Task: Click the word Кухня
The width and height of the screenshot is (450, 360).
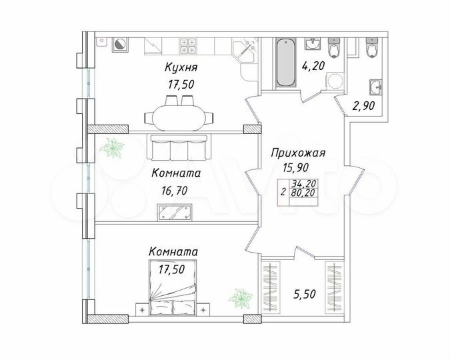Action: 182,67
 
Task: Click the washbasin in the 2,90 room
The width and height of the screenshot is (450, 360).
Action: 375,86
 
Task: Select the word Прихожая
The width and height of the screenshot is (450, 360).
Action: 297,153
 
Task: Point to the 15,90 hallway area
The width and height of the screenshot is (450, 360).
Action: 297,169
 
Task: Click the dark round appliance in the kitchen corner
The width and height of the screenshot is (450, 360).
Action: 121,45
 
